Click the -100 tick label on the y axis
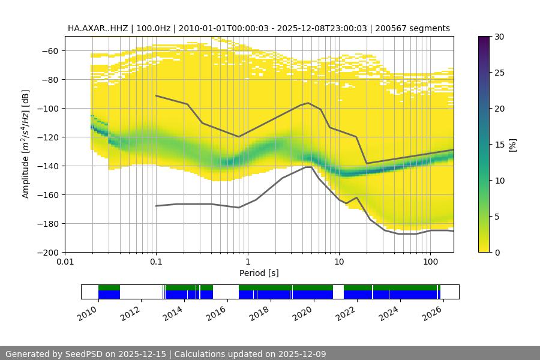coord(48,109)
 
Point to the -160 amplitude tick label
coord(48,195)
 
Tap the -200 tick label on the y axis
coord(48,253)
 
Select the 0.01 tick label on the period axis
coord(65,262)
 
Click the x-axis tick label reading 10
coord(338,262)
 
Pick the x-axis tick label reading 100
coord(430,262)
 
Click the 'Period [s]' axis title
coord(259,273)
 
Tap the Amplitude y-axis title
coord(26,144)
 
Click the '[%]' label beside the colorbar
coord(512,145)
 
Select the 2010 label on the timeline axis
coord(88,313)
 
